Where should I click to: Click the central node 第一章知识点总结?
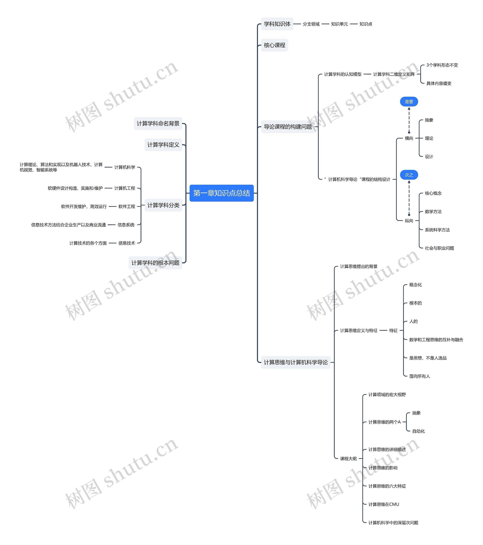(x=221, y=193)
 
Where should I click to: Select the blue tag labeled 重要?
(x=409, y=102)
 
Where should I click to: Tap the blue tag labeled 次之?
(x=409, y=175)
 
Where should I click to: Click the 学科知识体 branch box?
(x=277, y=24)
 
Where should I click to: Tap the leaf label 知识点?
(x=365, y=24)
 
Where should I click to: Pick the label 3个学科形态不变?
(x=442, y=65)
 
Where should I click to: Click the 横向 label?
(x=409, y=138)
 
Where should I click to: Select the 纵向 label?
(x=409, y=220)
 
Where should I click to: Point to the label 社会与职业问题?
(x=439, y=248)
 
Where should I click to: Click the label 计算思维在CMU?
(x=384, y=504)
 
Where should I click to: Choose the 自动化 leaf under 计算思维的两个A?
(x=418, y=431)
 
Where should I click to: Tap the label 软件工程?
(x=127, y=206)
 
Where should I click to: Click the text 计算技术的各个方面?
(x=88, y=243)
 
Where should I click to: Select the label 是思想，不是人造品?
(x=428, y=358)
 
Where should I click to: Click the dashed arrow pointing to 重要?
(x=409, y=120)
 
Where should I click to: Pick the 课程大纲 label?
(x=348, y=459)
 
